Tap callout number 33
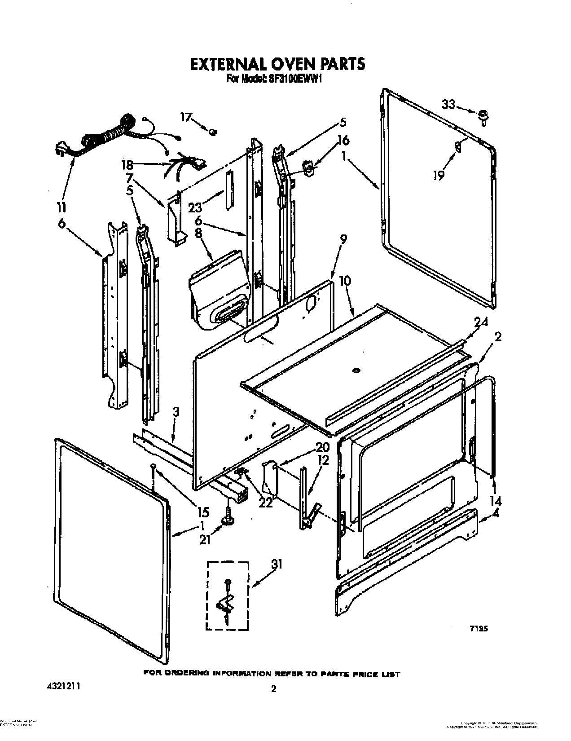point(448,105)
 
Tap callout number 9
point(342,240)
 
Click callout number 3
point(176,411)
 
